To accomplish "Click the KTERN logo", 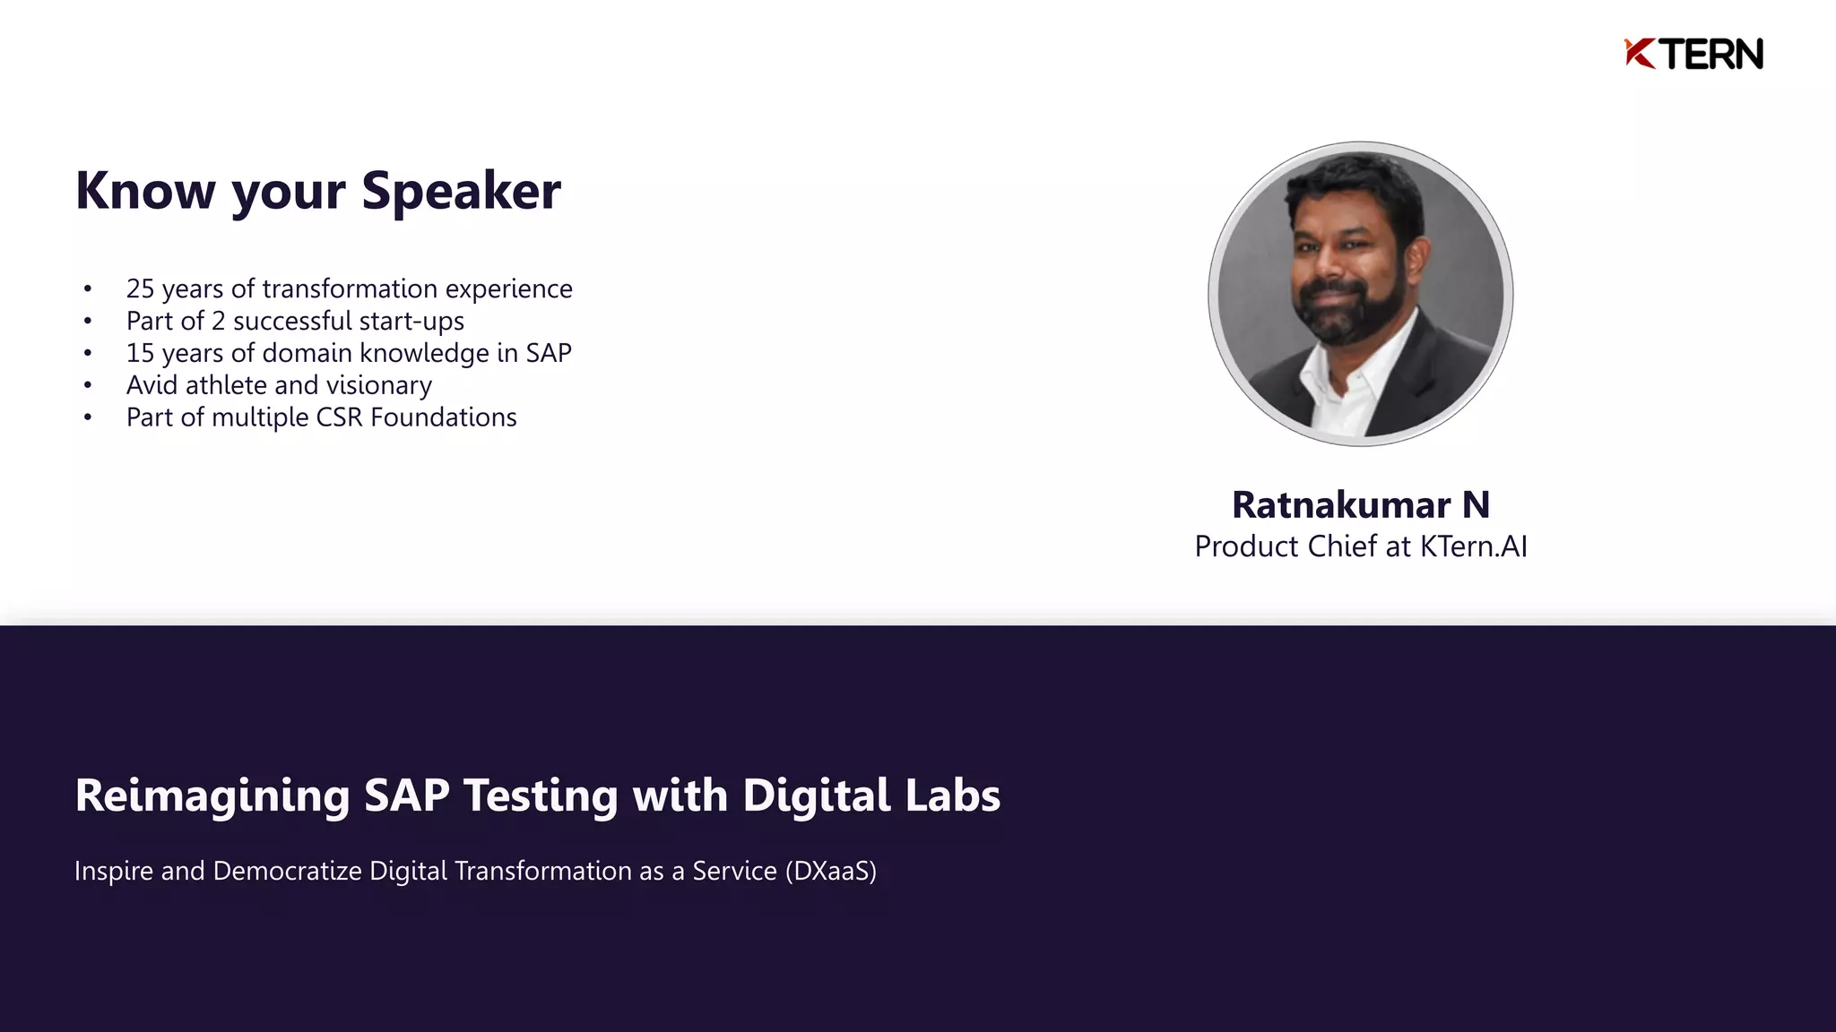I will [x=1693, y=54].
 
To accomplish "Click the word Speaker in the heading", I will [x=461, y=191].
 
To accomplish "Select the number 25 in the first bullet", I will [x=140, y=288].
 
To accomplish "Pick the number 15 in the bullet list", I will [x=140, y=353].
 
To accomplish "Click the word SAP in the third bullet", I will [x=549, y=353].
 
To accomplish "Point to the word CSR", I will [x=339, y=417].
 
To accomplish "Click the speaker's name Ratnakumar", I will [x=1341, y=505].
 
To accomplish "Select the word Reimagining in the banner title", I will [x=212, y=795].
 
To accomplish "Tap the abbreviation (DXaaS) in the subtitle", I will [x=830, y=871].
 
